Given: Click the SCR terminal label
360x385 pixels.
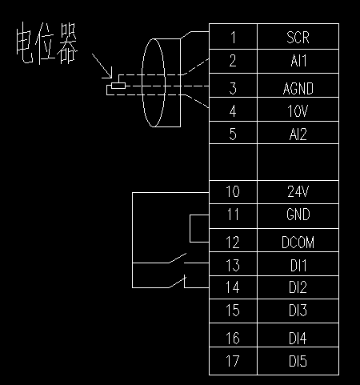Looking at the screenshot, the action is click(x=298, y=38).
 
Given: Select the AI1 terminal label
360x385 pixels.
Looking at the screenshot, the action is click(x=298, y=61).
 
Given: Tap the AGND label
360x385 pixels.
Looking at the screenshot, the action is click(x=298, y=89).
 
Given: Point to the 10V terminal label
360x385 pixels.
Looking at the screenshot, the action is click(x=298, y=111).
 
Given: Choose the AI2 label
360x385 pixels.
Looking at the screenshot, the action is click(x=298, y=134).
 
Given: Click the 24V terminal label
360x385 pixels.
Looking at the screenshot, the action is click(x=298, y=191).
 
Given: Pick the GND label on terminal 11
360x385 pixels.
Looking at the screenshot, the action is click(x=298, y=215).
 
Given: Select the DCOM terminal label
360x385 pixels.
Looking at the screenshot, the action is click(x=298, y=243).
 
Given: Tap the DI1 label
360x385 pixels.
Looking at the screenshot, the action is click(x=298, y=266).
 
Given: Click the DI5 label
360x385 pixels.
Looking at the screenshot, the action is click(x=298, y=361).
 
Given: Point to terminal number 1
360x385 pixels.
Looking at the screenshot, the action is click(x=234, y=38).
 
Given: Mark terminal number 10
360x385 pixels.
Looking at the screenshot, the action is click(x=233, y=191).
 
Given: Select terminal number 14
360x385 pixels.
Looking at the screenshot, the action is click(x=233, y=287).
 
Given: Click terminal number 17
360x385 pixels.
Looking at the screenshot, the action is click(x=233, y=361).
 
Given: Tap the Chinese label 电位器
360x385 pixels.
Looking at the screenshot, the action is click(x=47, y=43).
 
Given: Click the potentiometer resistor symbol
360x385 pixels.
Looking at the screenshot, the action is click(x=118, y=86).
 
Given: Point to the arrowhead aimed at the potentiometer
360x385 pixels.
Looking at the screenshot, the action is click(x=110, y=74).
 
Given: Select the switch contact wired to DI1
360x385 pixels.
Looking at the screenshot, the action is click(x=178, y=258).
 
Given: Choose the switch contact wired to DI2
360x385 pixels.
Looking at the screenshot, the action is click(x=178, y=283).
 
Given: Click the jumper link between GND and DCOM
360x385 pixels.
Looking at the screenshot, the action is click(x=190, y=228).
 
